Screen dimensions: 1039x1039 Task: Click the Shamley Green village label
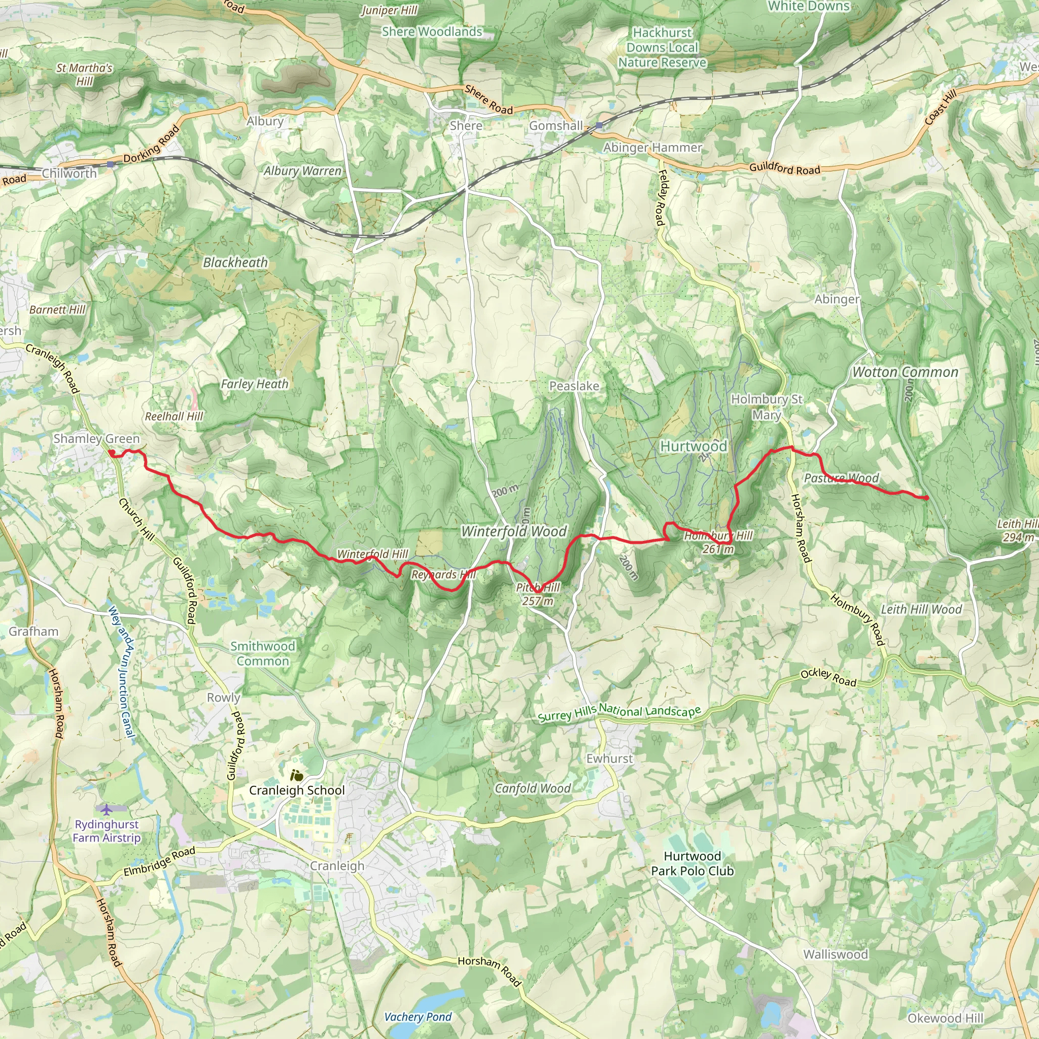pos(96,439)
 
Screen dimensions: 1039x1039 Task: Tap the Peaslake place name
pos(574,386)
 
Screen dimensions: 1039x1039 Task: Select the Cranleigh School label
pos(297,790)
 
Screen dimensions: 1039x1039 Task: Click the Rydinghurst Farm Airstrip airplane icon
pos(107,809)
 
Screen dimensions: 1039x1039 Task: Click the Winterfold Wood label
pos(513,531)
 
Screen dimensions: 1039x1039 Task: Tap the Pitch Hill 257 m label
pos(538,594)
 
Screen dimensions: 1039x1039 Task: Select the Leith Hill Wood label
pos(921,609)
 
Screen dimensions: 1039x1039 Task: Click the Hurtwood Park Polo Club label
pos(692,863)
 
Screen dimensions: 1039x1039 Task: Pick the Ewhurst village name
pos(609,758)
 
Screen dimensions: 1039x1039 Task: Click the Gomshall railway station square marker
pos(599,125)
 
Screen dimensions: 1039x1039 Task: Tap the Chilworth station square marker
pos(110,164)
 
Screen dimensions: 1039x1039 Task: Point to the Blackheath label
pos(235,262)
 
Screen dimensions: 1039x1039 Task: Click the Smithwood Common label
pos(263,653)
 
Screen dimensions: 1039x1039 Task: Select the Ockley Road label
pos(828,678)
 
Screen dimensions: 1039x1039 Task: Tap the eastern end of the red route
pos(926,498)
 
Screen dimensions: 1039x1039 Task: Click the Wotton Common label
pos(905,372)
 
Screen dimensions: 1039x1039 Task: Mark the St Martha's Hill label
pos(84,75)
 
